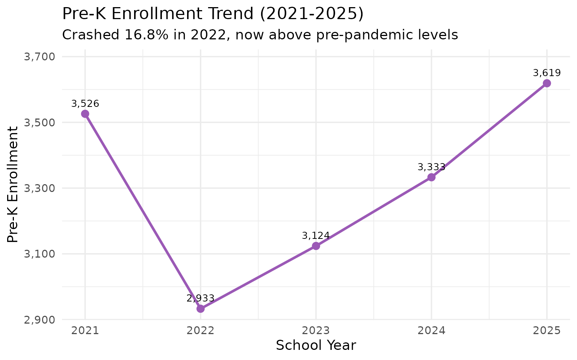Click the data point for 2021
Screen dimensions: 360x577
pos(85,114)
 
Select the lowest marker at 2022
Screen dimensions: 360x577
pos(201,309)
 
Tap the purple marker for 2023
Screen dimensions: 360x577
pos(316,246)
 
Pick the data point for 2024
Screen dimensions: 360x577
pos(431,177)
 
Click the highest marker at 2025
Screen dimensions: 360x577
pos(547,83)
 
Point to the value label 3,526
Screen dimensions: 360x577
pos(85,104)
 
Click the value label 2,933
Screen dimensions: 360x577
pos(201,298)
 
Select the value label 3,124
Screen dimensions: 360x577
pos(316,236)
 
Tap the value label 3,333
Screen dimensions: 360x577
pos(431,167)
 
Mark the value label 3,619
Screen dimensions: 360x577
pos(547,73)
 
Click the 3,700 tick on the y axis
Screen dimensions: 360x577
pos(39,57)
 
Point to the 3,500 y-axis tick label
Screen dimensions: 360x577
pos(39,123)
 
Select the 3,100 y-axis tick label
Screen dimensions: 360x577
pos(39,254)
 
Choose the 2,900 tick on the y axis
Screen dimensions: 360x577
pos(39,320)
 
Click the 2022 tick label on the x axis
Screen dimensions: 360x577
pos(201,331)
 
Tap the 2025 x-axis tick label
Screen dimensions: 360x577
pos(547,331)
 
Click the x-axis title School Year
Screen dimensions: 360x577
pos(316,345)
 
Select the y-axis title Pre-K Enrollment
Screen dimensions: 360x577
pos(13,184)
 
